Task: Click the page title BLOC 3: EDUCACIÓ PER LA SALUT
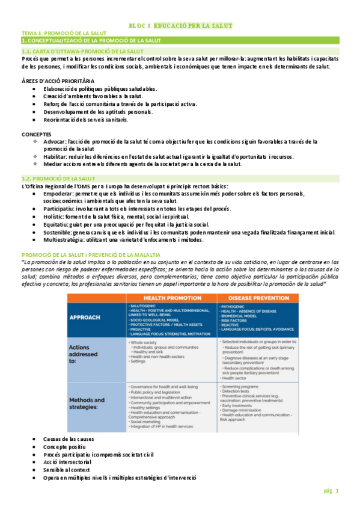click(x=180, y=26)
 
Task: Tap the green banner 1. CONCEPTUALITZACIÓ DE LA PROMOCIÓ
click(x=90, y=40)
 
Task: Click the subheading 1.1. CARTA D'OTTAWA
click(x=83, y=52)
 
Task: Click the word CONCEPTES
click(x=36, y=134)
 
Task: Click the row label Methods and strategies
click(x=87, y=403)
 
